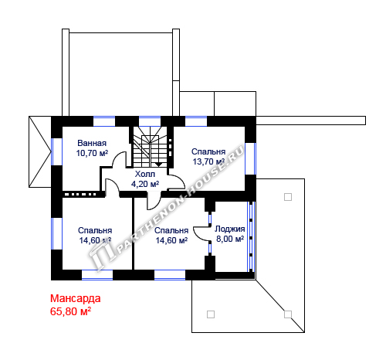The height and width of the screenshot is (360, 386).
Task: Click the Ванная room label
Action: point(92,143)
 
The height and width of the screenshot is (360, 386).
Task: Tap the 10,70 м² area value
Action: point(92,153)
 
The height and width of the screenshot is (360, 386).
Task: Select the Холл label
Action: point(145,174)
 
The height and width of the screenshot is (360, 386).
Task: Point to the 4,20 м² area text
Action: point(145,184)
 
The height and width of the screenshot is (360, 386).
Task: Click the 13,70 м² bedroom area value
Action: point(208,161)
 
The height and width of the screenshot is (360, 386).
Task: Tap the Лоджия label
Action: point(230,229)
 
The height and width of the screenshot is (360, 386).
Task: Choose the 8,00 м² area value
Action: point(230,239)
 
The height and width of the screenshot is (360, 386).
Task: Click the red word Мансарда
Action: point(75,298)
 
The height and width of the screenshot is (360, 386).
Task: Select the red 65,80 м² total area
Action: point(70,311)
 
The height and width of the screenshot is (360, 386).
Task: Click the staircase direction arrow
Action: point(158,164)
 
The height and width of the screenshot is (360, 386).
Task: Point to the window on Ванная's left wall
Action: point(56,152)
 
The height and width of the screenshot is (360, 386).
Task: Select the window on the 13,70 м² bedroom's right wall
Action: point(250,158)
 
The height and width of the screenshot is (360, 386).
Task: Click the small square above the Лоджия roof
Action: point(288,197)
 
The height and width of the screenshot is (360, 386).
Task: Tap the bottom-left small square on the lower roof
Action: point(211,314)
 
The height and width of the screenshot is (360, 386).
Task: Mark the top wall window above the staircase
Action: point(150,121)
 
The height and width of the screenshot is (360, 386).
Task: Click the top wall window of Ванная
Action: point(104,121)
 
